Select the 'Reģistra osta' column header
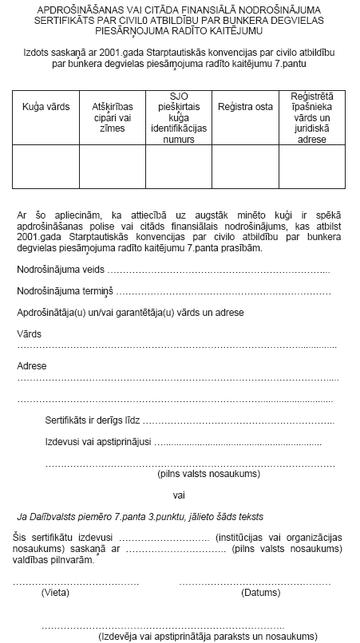point(245,106)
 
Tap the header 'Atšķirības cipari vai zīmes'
point(112,112)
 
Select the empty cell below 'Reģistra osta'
point(245,167)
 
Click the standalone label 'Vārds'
point(29,333)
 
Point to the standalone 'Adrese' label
point(32,366)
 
